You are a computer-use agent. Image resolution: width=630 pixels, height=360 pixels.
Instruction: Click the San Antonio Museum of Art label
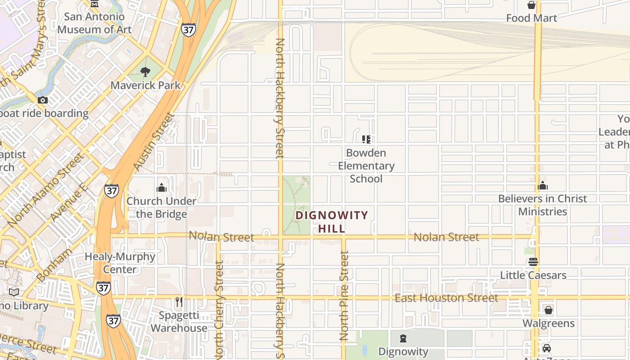click(94, 23)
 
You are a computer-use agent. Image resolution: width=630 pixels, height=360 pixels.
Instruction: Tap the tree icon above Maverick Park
click(145, 72)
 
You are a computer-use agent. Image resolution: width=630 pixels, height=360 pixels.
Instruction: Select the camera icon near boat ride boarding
click(43, 100)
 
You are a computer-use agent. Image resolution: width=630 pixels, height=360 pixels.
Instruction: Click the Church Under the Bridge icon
click(161, 188)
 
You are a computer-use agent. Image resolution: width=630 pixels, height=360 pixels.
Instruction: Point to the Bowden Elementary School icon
click(366, 139)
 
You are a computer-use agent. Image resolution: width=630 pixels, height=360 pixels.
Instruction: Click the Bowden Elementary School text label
click(366, 166)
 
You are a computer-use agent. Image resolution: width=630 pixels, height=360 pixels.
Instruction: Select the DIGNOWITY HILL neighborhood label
click(332, 222)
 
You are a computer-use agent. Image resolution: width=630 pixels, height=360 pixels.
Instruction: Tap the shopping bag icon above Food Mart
click(531, 5)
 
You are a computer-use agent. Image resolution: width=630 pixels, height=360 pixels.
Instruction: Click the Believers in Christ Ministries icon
click(543, 185)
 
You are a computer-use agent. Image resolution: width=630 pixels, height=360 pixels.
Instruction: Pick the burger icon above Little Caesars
click(533, 262)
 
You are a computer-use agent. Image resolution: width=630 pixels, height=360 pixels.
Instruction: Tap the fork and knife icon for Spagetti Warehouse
click(179, 301)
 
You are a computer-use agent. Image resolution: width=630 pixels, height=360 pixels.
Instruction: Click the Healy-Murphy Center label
click(120, 263)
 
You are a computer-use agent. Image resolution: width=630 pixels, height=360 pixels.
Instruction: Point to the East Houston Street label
click(446, 298)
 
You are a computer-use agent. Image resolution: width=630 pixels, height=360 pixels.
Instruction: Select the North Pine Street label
click(344, 296)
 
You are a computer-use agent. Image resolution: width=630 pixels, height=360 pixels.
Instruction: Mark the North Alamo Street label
click(45, 189)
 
